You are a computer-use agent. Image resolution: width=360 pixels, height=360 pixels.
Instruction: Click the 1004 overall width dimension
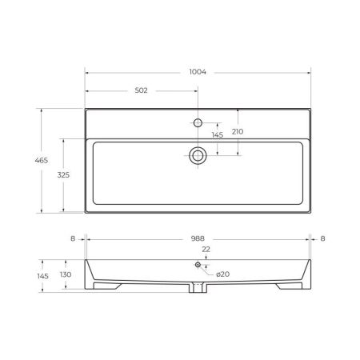click(198, 72)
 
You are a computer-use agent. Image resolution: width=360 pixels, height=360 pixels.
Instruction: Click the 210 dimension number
click(238, 131)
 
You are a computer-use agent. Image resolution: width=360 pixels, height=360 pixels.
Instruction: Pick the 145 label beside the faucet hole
click(217, 135)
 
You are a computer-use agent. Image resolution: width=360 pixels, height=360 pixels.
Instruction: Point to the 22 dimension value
click(206, 250)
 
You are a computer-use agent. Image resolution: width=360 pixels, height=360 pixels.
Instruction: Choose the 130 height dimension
click(65, 274)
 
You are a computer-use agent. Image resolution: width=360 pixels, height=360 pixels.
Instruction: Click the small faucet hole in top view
click(197, 123)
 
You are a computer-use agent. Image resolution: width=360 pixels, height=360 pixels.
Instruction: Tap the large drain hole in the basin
click(197, 155)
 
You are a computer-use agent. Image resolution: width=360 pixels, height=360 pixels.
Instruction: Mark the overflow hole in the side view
click(198, 264)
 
